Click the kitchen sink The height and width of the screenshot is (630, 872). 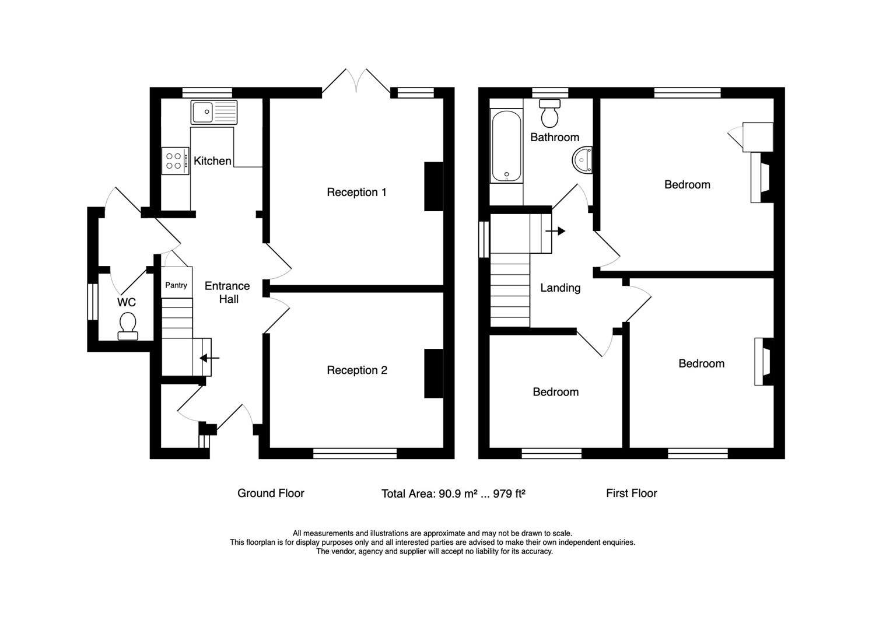[x=213, y=112]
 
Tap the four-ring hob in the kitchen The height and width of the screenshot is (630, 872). [x=176, y=161]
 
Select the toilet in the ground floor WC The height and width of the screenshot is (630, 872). [x=128, y=326]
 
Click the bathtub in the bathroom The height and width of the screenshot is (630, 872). [x=506, y=146]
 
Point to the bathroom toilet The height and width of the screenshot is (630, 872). [x=549, y=113]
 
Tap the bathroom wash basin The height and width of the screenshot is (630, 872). [x=582, y=160]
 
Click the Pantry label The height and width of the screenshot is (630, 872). [x=176, y=285]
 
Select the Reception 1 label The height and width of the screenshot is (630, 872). [x=356, y=192]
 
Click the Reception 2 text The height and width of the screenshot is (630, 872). [x=357, y=370]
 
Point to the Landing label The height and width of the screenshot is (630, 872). [x=560, y=288]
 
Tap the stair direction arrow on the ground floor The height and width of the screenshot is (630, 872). [x=209, y=358]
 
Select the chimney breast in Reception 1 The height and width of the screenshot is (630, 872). [x=433, y=187]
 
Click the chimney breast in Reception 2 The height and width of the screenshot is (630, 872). [x=433, y=373]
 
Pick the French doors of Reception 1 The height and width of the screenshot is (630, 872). [x=356, y=83]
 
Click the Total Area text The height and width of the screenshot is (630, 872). [x=454, y=494]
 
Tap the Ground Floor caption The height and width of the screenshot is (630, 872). [x=271, y=494]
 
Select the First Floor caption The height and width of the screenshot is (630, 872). [x=632, y=494]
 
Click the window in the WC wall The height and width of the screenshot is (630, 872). [x=93, y=302]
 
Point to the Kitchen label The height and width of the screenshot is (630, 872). [x=212, y=161]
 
